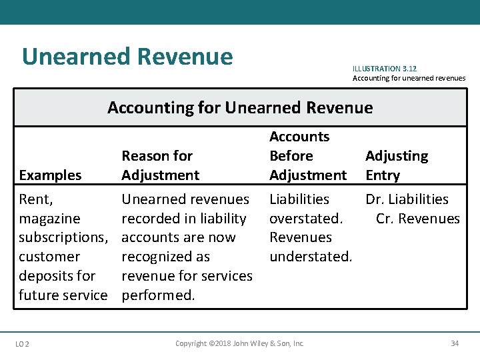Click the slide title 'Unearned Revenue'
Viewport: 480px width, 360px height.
[127, 57]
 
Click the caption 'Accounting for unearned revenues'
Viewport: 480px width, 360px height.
[409, 79]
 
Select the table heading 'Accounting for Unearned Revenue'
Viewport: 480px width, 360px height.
[240, 107]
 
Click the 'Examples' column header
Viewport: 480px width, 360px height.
[51, 175]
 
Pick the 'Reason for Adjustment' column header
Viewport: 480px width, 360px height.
[160, 165]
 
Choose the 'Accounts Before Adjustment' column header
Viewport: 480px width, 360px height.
[307, 156]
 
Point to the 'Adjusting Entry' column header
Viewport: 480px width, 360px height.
[396, 165]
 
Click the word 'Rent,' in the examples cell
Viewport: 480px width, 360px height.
[36, 199]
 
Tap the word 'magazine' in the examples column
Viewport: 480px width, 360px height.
[49, 219]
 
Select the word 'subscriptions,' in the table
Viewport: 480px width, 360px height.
[63, 237]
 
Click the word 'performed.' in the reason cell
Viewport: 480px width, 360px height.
[158, 295]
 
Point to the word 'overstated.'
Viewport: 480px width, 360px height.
[305, 219]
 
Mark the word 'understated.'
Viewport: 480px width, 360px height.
[311, 257]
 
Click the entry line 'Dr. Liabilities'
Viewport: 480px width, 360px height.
[407, 199]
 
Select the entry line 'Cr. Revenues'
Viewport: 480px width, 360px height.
[417, 219]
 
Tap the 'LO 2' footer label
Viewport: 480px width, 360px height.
[22, 343]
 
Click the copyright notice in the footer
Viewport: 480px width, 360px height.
[239, 343]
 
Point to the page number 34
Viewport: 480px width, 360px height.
[455, 343]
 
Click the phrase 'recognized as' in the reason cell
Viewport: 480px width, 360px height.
[165, 257]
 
